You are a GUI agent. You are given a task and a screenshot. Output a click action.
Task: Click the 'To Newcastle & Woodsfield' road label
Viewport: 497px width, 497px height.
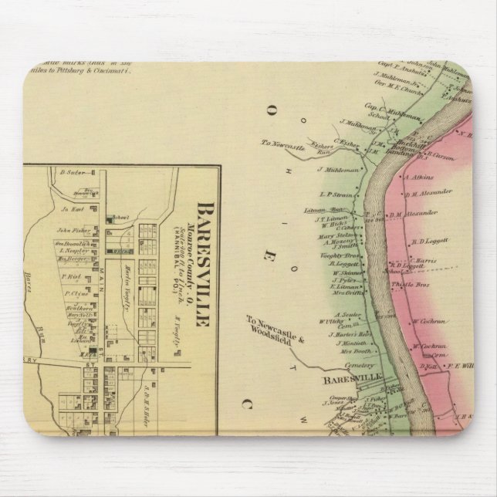click(x=270, y=323)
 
